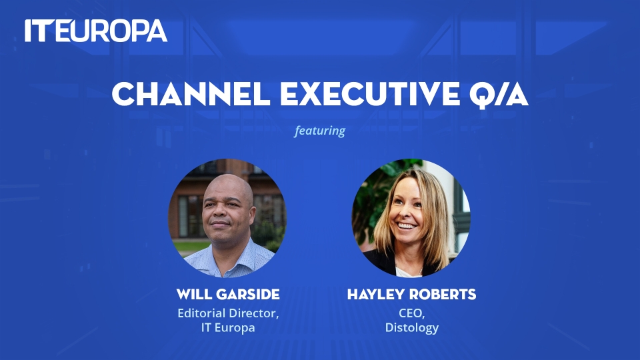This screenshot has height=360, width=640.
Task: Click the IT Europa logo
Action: tap(96, 31)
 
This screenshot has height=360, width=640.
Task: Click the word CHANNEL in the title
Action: tap(191, 94)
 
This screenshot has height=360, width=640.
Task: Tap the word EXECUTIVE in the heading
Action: tap(370, 94)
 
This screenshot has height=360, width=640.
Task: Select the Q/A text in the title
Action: tap(499, 95)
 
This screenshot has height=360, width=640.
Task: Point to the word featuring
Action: tap(319, 131)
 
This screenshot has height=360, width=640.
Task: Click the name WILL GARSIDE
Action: tap(228, 294)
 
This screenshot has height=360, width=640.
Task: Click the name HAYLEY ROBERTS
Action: tap(411, 294)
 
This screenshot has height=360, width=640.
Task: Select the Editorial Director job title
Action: tap(228, 313)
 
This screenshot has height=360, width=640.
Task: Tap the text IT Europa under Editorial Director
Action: tap(228, 327)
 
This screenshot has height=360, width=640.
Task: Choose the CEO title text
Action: tap(411, 313)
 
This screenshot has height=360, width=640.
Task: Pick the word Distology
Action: tap(411, 327)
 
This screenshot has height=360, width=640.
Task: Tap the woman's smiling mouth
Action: tap(407, 226)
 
